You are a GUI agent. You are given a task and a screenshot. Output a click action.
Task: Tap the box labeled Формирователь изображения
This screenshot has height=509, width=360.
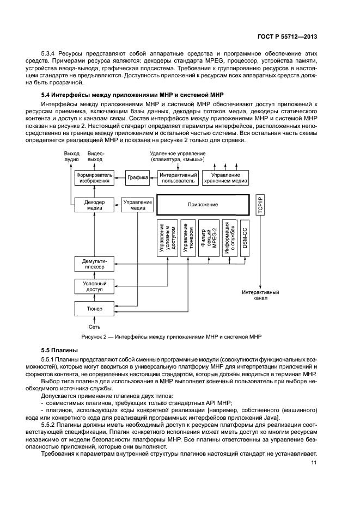click(94, 178)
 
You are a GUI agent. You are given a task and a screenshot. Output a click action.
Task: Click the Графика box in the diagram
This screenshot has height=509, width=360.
click(138, 177)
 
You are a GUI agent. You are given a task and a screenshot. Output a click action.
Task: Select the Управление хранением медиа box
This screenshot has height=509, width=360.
click(225, 178)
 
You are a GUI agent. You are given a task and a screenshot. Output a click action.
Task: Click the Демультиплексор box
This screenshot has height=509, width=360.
click(94, 264)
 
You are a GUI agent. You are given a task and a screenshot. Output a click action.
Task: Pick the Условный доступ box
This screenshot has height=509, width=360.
click(94, 286)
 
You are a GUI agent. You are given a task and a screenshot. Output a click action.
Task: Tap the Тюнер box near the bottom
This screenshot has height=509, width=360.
click(94, 308)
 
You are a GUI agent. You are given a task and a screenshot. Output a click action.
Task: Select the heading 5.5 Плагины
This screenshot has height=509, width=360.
click(56, 350)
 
